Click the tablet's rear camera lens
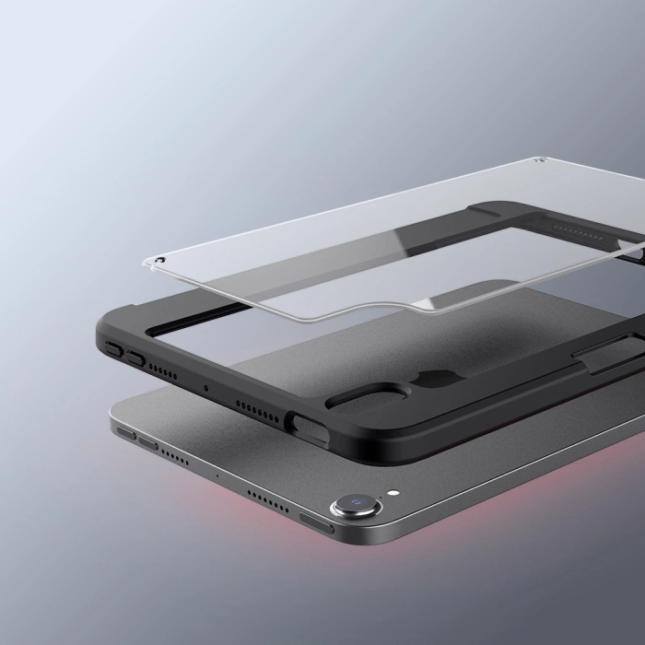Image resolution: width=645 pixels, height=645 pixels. click(x=353, y=503)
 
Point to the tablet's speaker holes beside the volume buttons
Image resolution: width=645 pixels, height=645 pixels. click(x=177, y=455)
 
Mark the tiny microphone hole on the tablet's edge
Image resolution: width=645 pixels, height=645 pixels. click(x=217, y=475)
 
